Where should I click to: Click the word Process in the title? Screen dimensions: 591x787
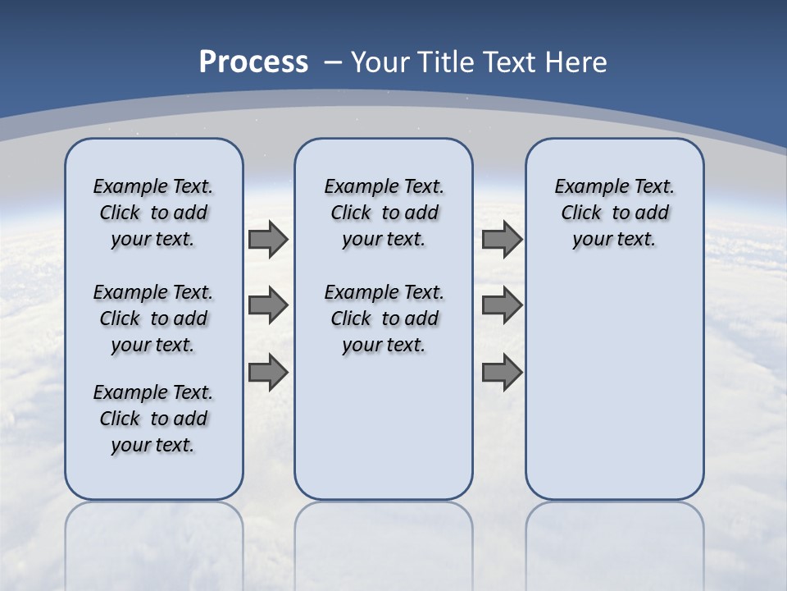253,62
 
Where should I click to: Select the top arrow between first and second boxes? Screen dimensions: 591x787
268,240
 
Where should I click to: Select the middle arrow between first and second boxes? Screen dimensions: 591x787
268,306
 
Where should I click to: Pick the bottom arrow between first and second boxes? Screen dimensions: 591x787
268,372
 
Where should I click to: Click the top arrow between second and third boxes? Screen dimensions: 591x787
502,240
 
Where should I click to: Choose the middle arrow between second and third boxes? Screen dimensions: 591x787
502,306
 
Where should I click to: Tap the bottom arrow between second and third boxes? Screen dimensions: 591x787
502,372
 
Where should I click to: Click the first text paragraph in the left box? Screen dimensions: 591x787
153,213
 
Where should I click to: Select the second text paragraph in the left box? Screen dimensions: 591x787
153,318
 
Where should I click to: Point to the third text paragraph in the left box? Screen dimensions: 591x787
153,419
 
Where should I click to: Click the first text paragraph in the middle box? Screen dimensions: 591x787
384,213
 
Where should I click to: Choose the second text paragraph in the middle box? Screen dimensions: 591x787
384,318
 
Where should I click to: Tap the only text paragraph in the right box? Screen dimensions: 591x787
615,213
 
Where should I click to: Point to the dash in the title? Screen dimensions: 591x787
333,62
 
